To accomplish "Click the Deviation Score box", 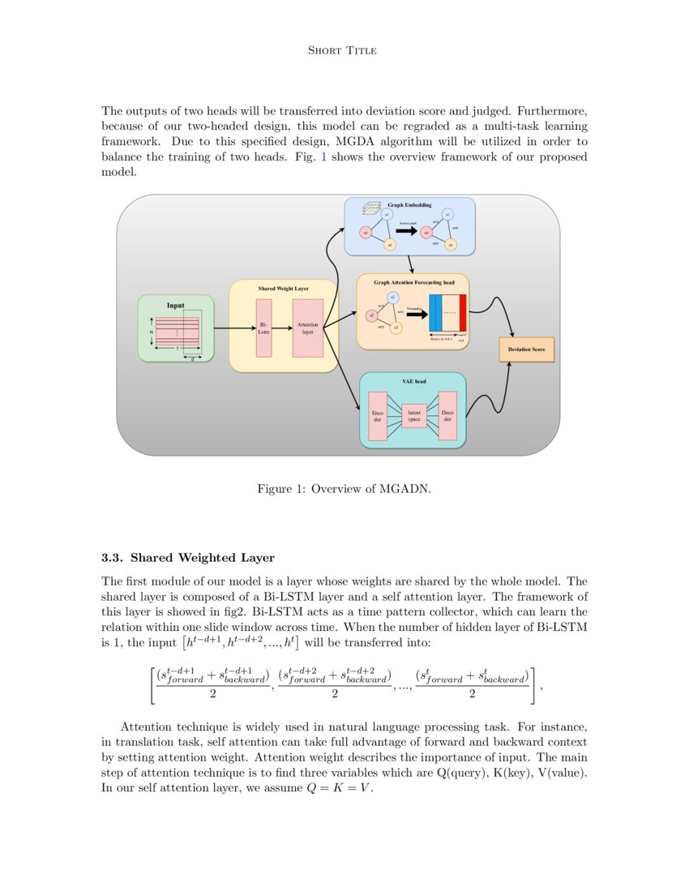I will click(x=526, y=350).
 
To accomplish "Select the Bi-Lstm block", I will click(x=263, y=328).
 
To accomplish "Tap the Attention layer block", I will click(x=308, y=328).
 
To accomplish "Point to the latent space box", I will click(x=413, y=416).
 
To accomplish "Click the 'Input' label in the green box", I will click(x=176, y=306).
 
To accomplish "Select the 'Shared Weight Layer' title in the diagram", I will click(x=283, y=289).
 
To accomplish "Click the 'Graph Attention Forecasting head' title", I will click(x=414, y=282).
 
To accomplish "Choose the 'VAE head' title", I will click(x=413, y=381).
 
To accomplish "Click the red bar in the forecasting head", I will click(x=463, y=315).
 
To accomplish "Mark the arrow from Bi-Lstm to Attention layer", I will click(x=282, y=328).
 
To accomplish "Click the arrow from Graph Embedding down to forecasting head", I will click(x=412, y=264).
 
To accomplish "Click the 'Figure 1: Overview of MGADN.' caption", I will click(x=344, y=489).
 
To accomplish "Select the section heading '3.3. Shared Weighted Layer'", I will click(x=188, y=558).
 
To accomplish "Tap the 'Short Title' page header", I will click(x=343, y=51).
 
